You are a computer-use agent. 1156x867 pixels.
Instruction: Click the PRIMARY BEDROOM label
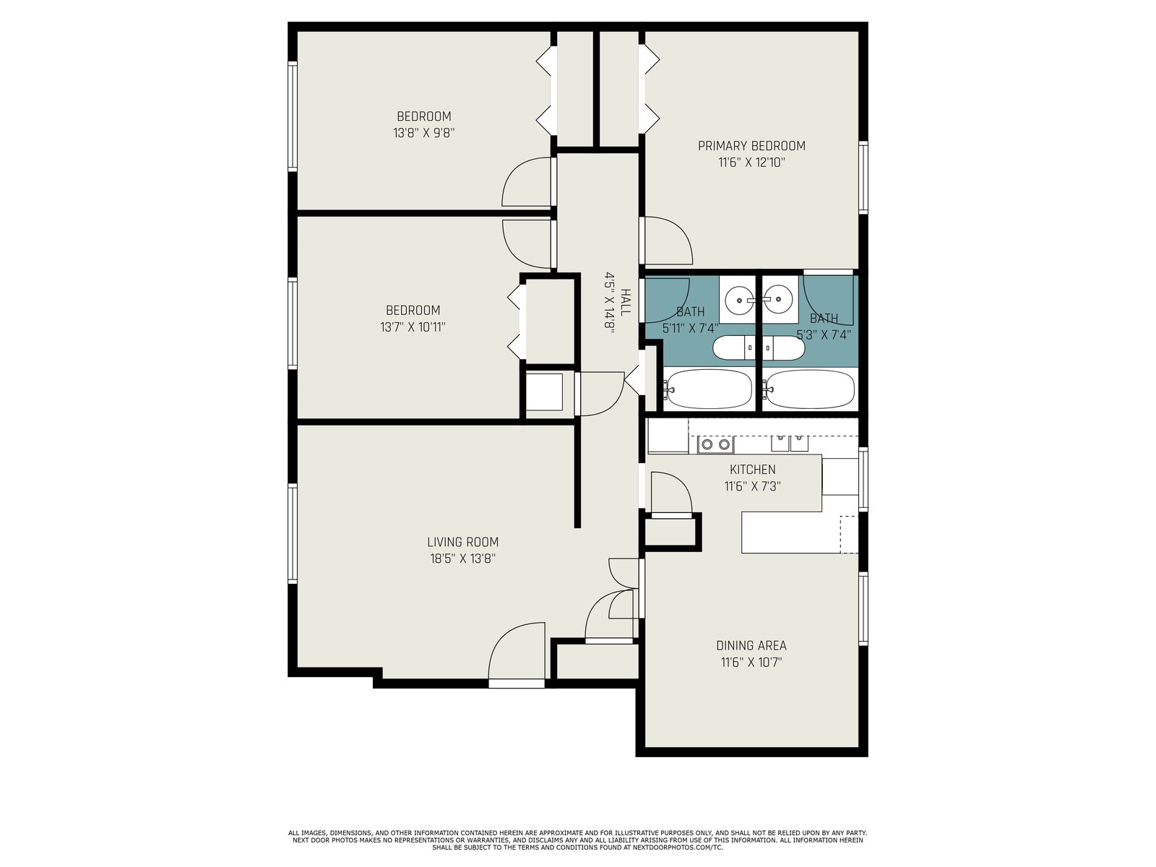point(751,146)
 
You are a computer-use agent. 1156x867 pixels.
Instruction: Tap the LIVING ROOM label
point(462,542)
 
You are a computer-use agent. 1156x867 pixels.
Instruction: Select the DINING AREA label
point(751,645)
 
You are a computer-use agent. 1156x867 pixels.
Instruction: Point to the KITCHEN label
point(752,470)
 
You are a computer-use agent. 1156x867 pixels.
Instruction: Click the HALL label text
point(625,302)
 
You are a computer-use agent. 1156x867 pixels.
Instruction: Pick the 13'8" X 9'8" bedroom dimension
point(423,133)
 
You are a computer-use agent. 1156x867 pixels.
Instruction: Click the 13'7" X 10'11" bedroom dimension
point(413,327)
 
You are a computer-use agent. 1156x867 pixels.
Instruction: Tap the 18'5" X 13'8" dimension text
point(463,558)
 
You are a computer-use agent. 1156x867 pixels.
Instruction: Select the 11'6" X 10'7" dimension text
point(751,663)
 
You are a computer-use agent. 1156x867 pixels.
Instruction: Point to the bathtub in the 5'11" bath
point(707,389)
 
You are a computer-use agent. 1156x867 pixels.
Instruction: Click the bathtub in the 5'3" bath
point(809,389)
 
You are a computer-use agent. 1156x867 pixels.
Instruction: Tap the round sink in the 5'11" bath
point(740,300)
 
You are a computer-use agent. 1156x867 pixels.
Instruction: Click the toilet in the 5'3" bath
point(784,348)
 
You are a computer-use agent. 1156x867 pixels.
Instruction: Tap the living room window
point(293,533)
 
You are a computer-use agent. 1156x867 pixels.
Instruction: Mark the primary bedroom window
point(863,178)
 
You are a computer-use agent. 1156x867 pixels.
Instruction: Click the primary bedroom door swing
point(668,240)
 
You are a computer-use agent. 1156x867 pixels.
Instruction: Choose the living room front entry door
point(517,655)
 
